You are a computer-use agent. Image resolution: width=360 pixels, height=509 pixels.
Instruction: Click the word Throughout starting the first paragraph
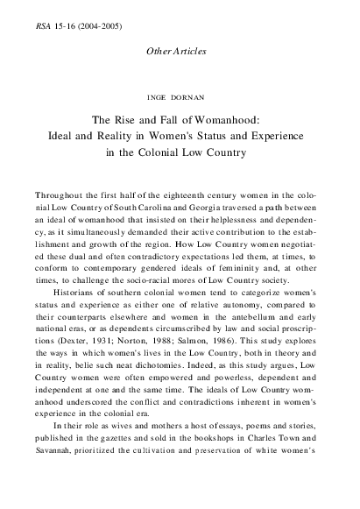[x=61, y=193]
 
